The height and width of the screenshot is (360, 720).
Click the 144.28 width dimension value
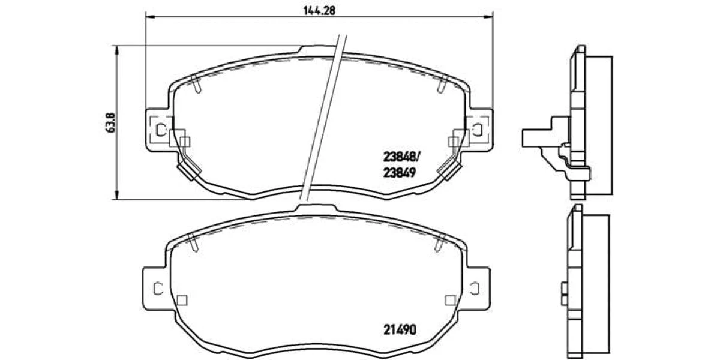pyautogui.click(x=319, y=11)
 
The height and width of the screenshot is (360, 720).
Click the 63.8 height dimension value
pyautogui.click(x=110, y=122)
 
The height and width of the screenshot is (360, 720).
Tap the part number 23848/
pyautogui.click(x=401, y=157)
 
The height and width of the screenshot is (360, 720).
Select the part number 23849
pyautogui.click(x=400, y=173)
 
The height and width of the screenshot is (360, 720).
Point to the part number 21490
pyautogui.click(x=400, y=329)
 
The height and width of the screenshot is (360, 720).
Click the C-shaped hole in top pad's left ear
pyautogui.click(x=160, y=129)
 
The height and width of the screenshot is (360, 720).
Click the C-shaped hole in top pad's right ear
pyautogui.click(x=478, y=129)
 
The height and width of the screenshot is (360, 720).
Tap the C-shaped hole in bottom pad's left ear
pyautogui.click(x=158, y=289)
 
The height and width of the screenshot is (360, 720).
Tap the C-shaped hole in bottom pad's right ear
pyautogui.click(x=475, y=289)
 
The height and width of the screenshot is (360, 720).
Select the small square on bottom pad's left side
pyautogui.click(x=182, y=300)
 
